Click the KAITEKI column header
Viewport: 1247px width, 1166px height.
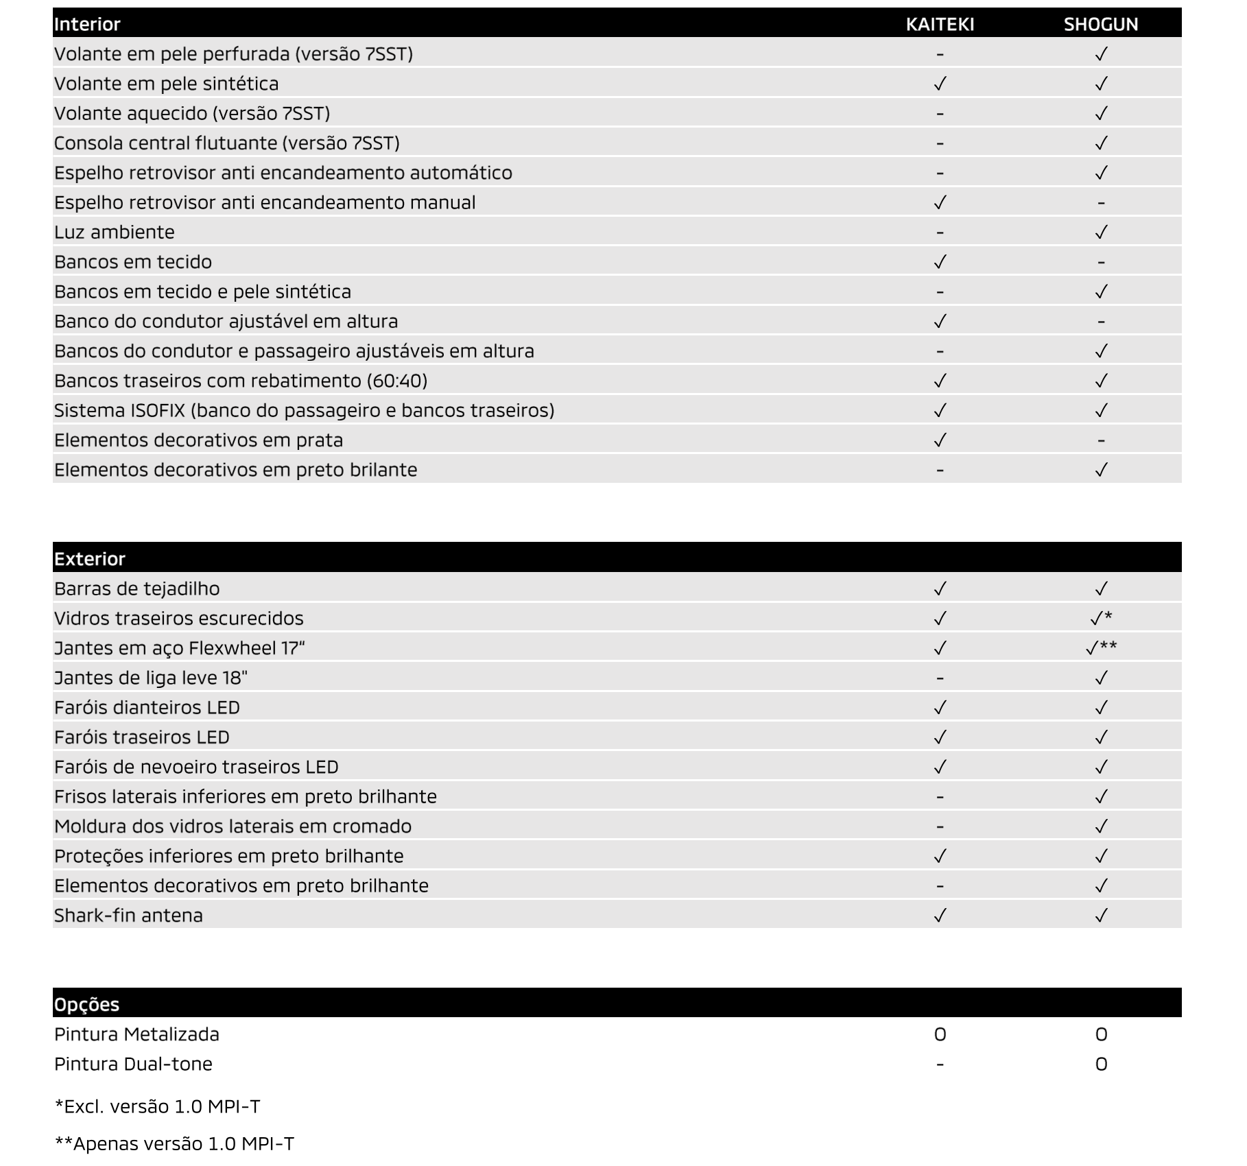940,24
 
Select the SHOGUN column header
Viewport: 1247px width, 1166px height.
1101,24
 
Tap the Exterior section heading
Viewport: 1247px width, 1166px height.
90,559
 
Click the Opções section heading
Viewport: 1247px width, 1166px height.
86,1004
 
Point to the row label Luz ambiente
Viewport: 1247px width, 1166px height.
115,232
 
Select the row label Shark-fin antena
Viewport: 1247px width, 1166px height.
128,916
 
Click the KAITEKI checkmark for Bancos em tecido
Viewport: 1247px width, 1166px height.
940,261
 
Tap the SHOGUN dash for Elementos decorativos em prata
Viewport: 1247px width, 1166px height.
1101,440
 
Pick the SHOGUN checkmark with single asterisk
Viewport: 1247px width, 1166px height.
1101,618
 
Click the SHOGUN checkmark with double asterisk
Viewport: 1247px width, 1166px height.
1101,647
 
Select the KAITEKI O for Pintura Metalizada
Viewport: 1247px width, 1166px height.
940,1034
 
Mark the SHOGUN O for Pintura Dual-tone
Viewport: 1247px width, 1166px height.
1101,1064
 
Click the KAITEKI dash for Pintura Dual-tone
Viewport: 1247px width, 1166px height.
940,1064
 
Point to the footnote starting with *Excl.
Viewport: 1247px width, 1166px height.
157,1106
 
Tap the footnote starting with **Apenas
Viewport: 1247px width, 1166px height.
174,1144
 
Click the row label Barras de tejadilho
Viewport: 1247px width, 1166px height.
137,588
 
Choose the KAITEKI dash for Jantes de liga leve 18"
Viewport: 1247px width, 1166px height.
940,678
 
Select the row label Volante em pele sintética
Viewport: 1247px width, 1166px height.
167,84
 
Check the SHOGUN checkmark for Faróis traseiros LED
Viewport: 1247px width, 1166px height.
1101,737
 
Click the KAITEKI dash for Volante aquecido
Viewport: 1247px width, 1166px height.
940,114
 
